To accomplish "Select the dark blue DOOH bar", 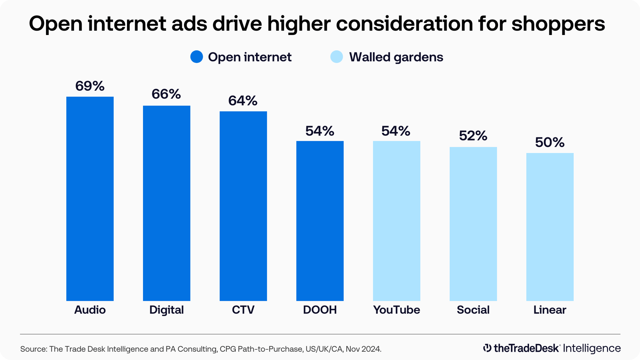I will click(320, 221).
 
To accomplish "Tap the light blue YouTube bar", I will click(396, 221).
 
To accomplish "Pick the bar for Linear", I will click(550, 227).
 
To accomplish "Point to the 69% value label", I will click(90, 86).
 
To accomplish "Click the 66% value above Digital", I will click(166, 94).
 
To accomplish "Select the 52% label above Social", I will click(473, 136).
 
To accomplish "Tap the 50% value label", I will click(550, 142).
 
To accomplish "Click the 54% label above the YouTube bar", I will click(396, 131).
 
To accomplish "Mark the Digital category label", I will click(166, 310).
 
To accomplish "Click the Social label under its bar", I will click(473, 310).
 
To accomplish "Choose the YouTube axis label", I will click(396, 310).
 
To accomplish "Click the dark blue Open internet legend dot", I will click(197, 57).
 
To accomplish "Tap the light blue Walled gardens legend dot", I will click(336, 57).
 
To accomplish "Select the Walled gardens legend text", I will click(396, 57).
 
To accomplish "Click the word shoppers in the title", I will click(558, 24).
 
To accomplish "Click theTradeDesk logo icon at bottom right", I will click(487, 348).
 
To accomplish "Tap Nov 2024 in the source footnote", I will click(363, 349).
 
